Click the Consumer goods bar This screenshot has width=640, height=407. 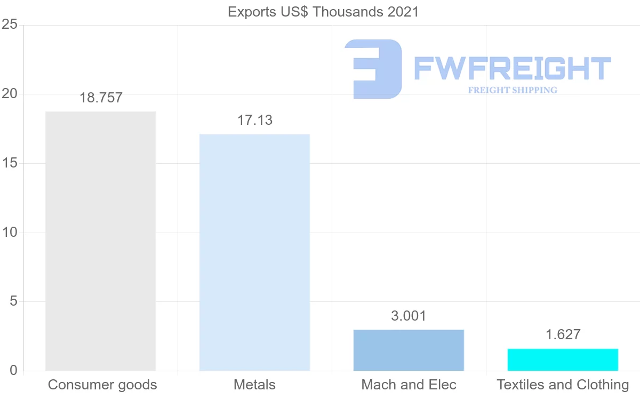pos(100,241)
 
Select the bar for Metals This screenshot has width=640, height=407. pos(254,252)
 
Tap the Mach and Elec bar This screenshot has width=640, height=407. pos(409,350)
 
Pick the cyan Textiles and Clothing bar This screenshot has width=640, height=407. pos(563,360)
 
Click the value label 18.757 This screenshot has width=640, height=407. pos(101,98)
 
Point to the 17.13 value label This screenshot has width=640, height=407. pos(254,121)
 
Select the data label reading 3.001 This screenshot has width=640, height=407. pos(409,316)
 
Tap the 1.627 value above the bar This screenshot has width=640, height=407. pos(563,334)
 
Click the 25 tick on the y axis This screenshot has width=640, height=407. pos(10,25)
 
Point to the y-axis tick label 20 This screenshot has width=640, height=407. pos(10,94)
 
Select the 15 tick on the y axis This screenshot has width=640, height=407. pos(10,163)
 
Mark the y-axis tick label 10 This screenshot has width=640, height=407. pos(10,233)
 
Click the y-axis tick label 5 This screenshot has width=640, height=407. pos(13,301)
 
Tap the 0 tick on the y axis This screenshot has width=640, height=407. pos(13,371)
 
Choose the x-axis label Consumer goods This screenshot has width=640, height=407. pos(102,385)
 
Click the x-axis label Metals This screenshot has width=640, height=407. pos(254,385)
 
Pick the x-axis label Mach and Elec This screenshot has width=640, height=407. pos(409,385)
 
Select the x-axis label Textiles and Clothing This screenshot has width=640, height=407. pos(563,385)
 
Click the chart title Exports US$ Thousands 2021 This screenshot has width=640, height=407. pos(323,12)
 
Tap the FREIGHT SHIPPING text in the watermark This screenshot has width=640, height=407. pos(513,90)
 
